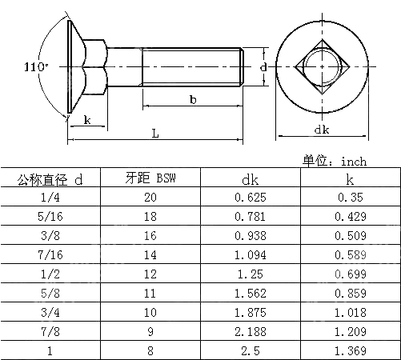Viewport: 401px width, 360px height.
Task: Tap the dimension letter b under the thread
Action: click(x=193, y=99)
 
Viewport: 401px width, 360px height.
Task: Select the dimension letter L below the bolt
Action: click(x=154, y=134)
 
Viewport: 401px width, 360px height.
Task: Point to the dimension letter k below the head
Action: click(x=86, y=120)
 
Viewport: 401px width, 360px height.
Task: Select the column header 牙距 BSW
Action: click(x=150, y=178)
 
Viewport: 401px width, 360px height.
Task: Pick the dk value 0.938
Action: click(x=250, y=235)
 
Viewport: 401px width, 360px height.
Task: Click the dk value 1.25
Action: click(x=250, y=274)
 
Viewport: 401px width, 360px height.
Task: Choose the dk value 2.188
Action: click(x=250, y=330)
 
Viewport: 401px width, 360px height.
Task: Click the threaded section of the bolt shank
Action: click(x=192, y=67)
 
